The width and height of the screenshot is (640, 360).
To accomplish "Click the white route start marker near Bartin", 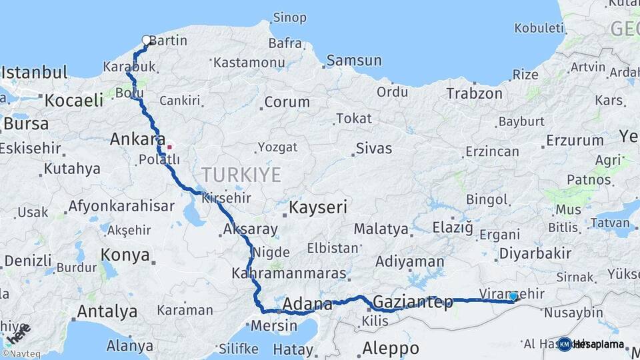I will [147, 41].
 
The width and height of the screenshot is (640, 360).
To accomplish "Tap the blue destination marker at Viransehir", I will [513, 296].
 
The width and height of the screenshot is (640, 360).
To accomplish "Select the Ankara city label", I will [137, 139].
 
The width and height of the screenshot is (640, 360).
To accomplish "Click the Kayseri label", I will [318, 208].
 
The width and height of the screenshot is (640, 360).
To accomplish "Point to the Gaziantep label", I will [413, 301].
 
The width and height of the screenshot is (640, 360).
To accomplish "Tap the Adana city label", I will [307, 305].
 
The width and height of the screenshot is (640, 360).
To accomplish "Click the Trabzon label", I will [474, 93].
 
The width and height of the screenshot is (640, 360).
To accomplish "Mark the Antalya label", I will [107, 311].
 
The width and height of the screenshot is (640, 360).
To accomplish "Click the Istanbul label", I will [34, 72].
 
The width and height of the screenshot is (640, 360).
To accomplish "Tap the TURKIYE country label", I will [241, 175].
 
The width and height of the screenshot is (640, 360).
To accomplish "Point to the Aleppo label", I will [390, 348].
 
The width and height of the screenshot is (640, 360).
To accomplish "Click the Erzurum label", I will [574, 141].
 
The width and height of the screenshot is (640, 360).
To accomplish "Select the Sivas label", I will [373, 148].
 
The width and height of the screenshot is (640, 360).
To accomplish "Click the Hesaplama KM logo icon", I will [564, 344].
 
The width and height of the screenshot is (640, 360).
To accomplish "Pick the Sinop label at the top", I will [290, 17].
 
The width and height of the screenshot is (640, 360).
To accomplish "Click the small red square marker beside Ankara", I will [169, 147].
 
